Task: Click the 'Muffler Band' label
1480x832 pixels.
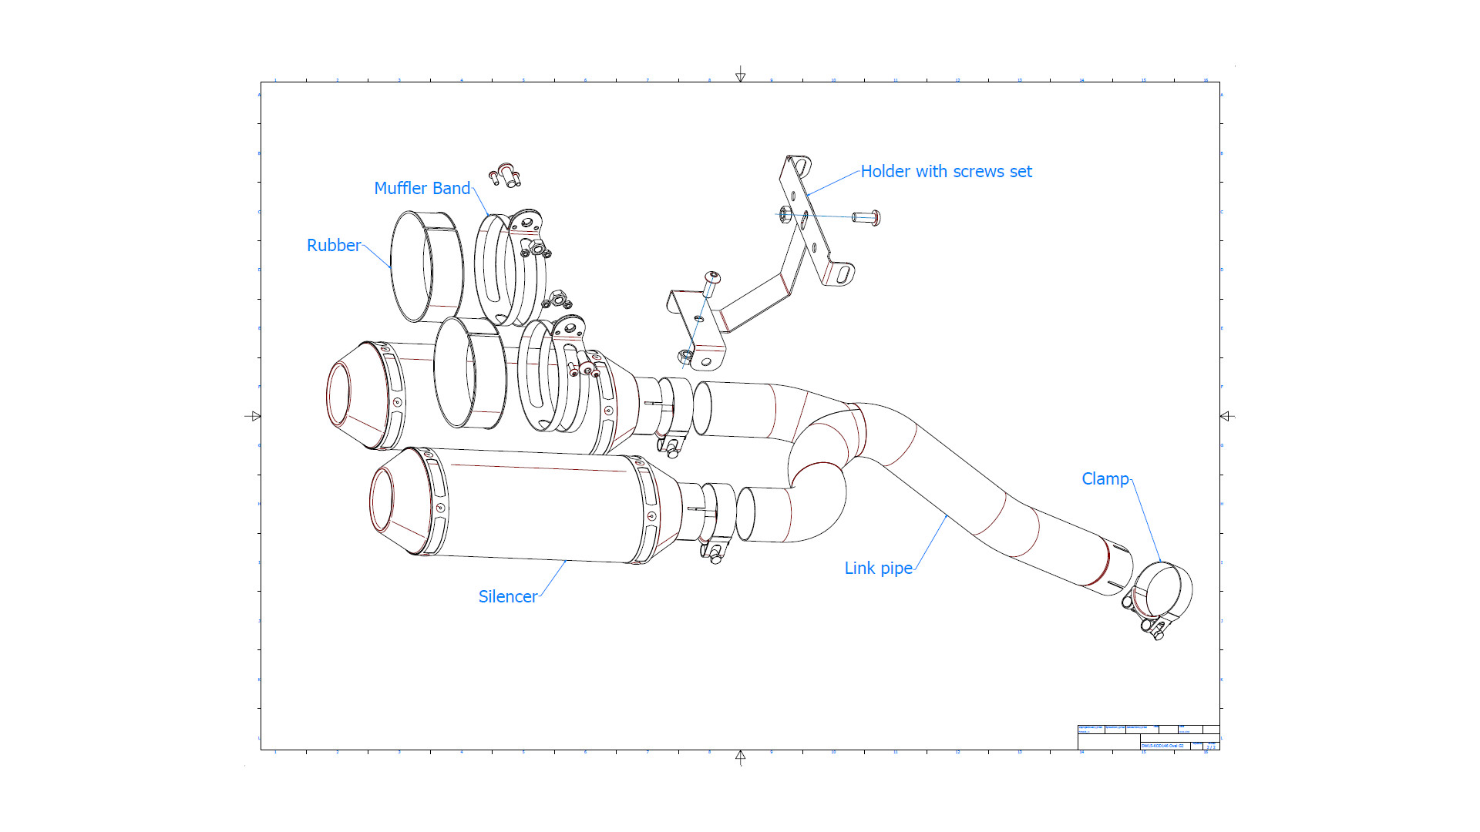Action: [x=422, y=189]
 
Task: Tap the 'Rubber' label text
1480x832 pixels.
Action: [x=333, y=246]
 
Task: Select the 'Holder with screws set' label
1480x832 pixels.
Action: [x=946, y=172]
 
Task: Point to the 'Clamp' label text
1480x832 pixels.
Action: [x=1105, y=479]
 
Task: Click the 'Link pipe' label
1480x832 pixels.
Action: [x=878, y=569]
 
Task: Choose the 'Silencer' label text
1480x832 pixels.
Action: [x=507, y=597]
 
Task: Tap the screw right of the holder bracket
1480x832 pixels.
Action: [x=866, y=218]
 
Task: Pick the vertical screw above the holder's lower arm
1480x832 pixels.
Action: [x=711, y=284]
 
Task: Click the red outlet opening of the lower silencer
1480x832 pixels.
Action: [x=381, y=500]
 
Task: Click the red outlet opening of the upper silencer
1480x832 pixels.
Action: [x=338, y=394]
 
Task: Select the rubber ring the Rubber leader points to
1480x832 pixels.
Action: [x=425, y=266]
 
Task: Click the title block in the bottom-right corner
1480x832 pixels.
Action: [x=1148, y=737]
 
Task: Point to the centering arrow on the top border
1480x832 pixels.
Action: [x=740, y=75]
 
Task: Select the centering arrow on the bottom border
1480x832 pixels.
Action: [x=740, y=758]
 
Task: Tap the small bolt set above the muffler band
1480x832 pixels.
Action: [x=505, y=175]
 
